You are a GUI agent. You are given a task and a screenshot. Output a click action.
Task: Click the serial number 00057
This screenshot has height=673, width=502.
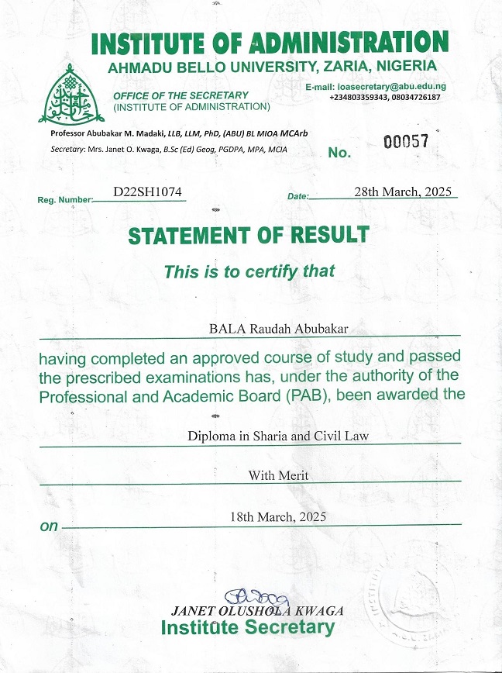(406, 143)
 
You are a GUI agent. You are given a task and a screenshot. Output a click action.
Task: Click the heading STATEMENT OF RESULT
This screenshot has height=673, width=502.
(249, 235)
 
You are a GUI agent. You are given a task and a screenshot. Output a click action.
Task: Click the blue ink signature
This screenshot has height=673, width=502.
(256, 597)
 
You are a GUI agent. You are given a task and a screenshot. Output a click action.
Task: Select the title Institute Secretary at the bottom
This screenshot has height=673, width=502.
(248, 628)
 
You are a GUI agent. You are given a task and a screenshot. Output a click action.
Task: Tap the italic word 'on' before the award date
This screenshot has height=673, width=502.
(49, 526)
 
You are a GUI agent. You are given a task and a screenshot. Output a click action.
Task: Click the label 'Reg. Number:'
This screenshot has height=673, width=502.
(64, 200)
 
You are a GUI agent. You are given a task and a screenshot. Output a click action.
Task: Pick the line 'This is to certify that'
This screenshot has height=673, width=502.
(249, 271)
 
